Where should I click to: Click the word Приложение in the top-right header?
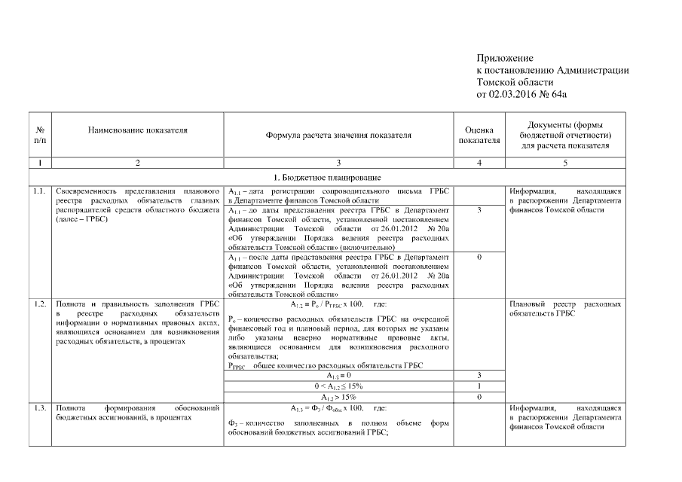tap(505, 58)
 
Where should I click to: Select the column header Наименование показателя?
tap(138, 130)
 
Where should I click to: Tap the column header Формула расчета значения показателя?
tap(338, 136)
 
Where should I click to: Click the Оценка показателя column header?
tap(479, 135)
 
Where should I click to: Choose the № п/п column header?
tap(40, 135)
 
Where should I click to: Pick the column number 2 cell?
tap(138, 163)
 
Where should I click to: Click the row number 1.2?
tap(40, 304)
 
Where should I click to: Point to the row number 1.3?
tap(40, 407)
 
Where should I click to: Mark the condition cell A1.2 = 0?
tap(338, 375)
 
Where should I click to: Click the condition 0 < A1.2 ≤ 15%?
tap(338, 386)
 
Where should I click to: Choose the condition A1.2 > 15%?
tap(338, 396)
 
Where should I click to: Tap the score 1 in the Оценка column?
tap(479, 386)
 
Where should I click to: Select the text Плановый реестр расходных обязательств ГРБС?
tap(564, 309)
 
